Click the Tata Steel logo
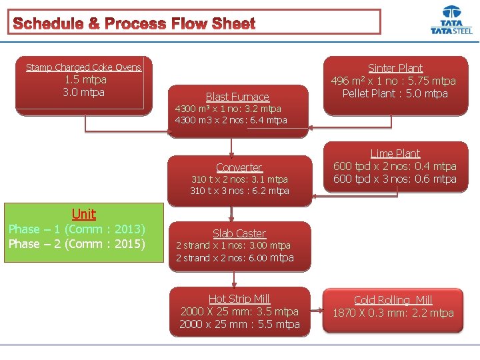pos(451,21)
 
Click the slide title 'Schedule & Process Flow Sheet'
pos(134,24)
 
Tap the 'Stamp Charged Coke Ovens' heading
pos(84,67)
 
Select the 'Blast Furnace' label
pos(237,97)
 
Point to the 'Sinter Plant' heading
pos(395,68)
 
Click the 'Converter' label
pos(239,167)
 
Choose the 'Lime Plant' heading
pos(395,153)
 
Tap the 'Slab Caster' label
pos(239,233)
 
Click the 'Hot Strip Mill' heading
pos(239,299)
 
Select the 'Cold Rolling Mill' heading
pos(393,300)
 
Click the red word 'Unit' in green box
pos(84,214)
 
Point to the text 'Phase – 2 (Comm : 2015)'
pos(77,244)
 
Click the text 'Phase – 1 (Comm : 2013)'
pos(77,229)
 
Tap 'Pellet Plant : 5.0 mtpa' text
pos(395,93)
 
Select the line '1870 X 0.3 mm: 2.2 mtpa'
pos(393,313)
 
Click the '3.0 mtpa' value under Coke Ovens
pos(84,92)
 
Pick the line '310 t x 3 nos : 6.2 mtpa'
pos(239,191)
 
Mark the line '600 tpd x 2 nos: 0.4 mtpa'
pos(395,166)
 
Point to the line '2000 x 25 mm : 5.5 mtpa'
pos(239,325)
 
